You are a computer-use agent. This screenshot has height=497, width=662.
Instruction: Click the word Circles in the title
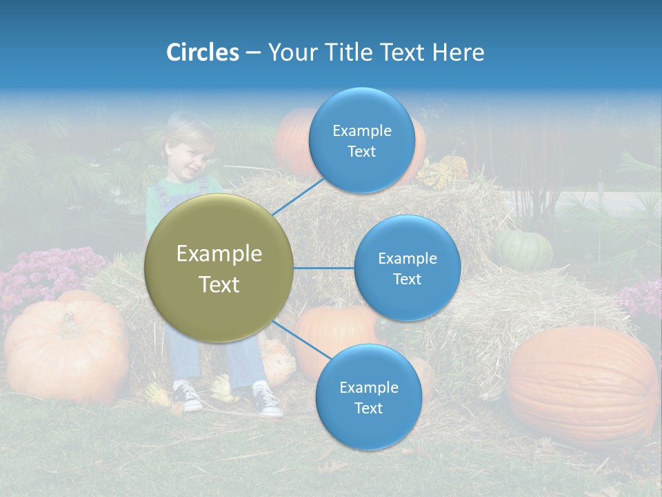point(202,52)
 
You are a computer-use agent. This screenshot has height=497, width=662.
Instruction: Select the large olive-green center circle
point(219,269)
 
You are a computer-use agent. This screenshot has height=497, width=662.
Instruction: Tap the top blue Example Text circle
point(361,140)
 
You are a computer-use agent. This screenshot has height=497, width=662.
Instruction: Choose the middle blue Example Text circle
point(407,268)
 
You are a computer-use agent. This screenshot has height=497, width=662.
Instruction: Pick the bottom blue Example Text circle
point(368,397)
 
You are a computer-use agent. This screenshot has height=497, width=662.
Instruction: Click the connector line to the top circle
point(299,195)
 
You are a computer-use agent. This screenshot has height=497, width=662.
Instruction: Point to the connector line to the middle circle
point(323,268)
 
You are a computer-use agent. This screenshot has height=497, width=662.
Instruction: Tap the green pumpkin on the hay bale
point(524,249)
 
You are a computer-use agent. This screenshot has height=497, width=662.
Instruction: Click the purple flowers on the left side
point(48,273)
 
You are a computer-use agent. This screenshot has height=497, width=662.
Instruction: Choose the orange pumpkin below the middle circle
point(335,331)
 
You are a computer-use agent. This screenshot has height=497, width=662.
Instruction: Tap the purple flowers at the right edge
point(641,297)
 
